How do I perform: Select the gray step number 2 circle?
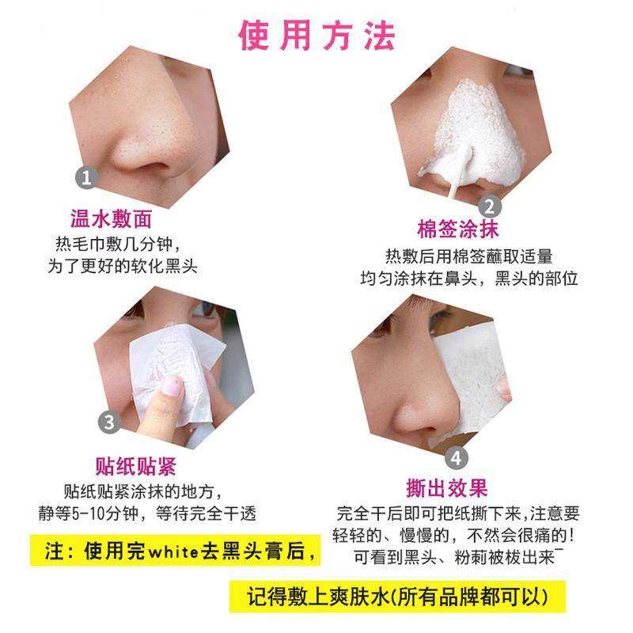pyautogui.click(x=488, y=208)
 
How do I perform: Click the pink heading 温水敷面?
pyautogui.click(x=111, y=219)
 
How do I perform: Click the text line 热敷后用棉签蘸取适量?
pyautogui.click(x=468, y=256)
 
